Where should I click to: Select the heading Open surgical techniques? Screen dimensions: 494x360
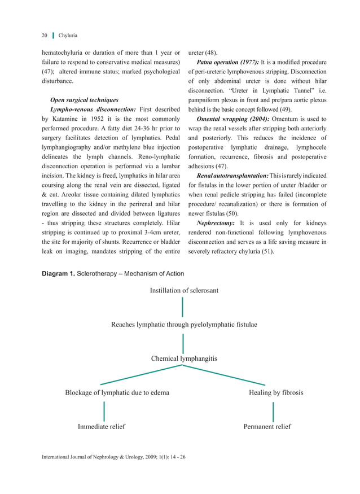85,100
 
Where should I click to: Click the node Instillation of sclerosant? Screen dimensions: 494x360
184,290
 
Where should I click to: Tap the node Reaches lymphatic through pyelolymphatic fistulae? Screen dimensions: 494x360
184,325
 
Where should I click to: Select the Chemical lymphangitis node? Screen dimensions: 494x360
184,359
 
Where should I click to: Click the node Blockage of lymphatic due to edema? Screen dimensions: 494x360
117,392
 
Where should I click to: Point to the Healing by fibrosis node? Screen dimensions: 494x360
276,392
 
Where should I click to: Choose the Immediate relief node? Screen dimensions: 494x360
102,427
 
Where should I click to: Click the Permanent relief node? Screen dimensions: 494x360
267,427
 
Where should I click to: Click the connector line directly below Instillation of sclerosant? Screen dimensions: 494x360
183,307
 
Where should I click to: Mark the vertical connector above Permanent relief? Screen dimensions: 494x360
273,412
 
